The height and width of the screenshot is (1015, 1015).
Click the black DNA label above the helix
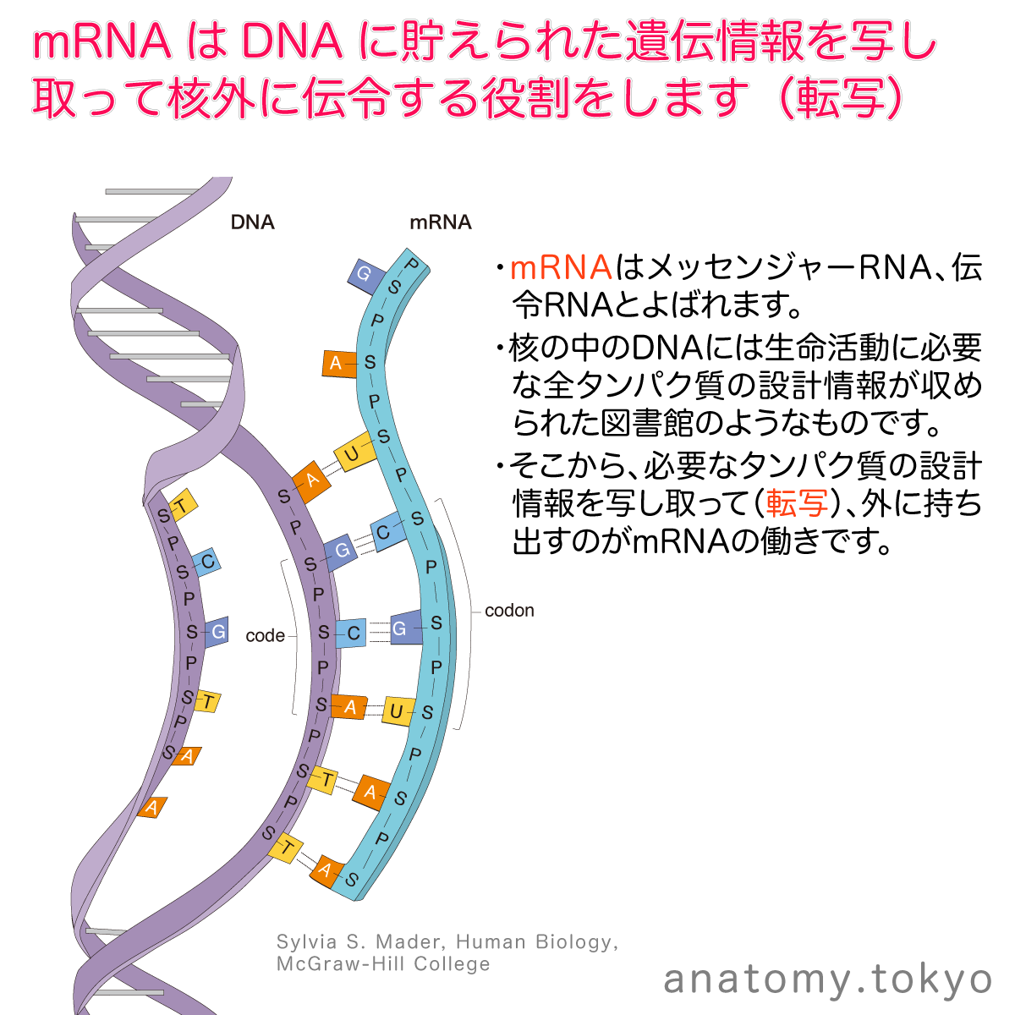click(x=252, y=222)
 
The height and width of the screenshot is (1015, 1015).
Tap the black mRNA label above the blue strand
click(x=440, y=222)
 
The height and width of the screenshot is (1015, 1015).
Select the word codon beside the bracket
click(x=509, y=611)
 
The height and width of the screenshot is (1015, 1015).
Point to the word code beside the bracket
click(x=265, y=635)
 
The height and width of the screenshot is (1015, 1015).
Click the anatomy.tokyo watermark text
click(x=827, y=979)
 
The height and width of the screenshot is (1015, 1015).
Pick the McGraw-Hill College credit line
click(x=383, y=964)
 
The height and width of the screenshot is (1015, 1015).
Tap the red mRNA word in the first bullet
click(x=561, y=267)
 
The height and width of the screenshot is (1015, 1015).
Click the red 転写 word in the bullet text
click(x=797, y=503)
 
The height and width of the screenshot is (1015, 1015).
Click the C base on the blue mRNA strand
click(x=384, y=533)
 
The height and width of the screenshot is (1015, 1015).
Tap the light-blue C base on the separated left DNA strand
click(x=206, y=562)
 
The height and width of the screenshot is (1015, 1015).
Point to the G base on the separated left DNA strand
click(x=217, y=632)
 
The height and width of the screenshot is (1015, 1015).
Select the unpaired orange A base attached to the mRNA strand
click(x=337, y=364)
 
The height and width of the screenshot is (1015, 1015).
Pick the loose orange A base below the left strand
click(x=152, y=808)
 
